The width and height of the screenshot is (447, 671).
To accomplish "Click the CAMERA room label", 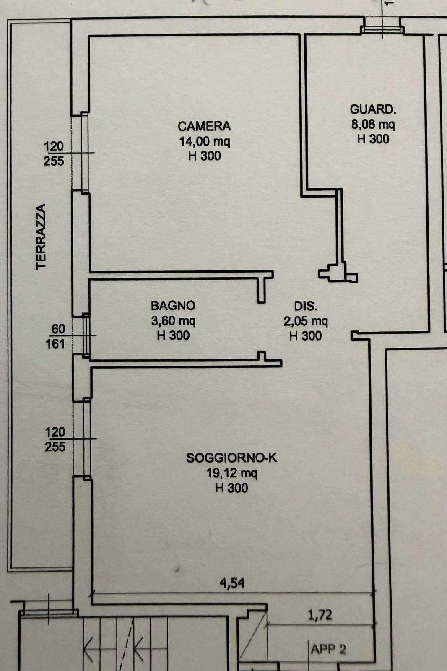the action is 204,126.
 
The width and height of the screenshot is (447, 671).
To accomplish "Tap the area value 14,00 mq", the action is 205,141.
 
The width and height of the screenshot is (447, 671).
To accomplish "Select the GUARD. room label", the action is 373,109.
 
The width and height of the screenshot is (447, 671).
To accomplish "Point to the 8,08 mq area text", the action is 373,124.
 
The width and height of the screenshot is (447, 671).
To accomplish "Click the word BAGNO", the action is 173,306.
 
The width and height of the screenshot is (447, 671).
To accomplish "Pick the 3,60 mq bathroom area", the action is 173,321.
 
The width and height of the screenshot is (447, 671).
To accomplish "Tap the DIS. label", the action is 306,306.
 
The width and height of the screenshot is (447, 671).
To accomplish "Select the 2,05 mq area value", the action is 306,321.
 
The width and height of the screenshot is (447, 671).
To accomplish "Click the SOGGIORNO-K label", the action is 231,458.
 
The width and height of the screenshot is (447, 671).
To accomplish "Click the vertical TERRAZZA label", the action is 41,237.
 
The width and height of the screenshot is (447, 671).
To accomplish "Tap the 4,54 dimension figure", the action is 232,583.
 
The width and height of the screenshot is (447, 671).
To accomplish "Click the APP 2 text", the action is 328,650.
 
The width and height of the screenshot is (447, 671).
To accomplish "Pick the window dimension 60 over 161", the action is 55,336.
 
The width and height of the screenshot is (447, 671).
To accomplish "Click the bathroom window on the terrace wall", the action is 86,335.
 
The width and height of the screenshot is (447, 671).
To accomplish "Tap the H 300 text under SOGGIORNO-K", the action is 231,488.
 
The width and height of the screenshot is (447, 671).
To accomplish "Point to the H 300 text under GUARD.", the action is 373,139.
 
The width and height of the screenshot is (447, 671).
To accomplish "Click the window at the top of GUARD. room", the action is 382,29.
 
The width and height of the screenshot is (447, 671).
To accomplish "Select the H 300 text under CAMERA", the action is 205,156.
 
